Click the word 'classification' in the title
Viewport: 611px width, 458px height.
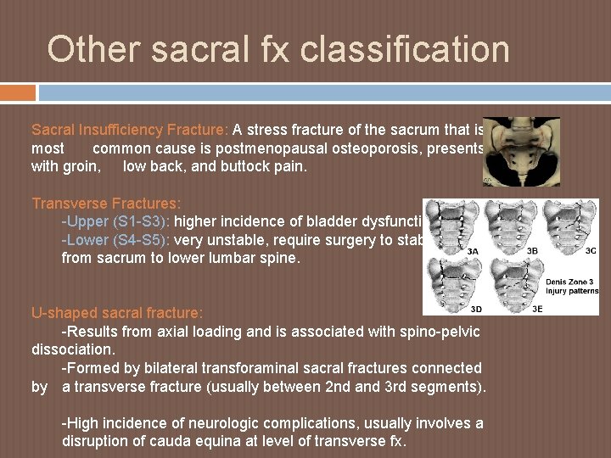pos(404,49)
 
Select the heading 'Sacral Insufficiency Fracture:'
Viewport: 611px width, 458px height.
pos(130,130)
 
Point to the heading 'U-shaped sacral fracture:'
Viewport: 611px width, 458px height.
pos(117,313)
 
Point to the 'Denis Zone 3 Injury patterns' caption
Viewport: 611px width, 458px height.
pos(571,286)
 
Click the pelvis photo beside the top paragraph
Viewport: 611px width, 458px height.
pos(521,151)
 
